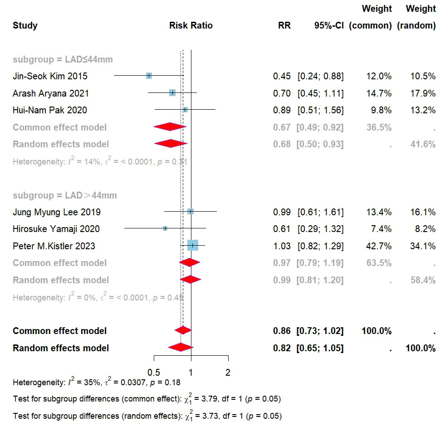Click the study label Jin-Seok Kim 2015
click(50, 76)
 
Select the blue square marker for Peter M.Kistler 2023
click(193, 246)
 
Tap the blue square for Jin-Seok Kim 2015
click(149, 76)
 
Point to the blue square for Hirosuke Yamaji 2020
click(165, 228)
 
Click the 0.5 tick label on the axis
click(154, 373)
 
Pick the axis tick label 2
click(228, 373)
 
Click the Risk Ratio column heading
click(191, 25)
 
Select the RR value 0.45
click(282, 76)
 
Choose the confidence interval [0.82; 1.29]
click(320, 246)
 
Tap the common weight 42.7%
click(379, 246)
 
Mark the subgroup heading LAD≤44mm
click(63, 59)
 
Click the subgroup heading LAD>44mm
click(65, 196)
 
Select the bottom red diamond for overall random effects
click(180, 348)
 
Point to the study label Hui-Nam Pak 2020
click(50, 110)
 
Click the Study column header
click(25, 25)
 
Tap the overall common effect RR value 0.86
click(282, 331)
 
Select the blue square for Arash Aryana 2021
click(172, 93)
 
